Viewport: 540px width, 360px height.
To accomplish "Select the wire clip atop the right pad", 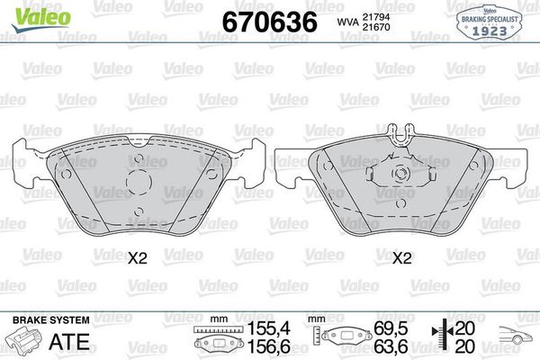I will pos(402,135).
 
